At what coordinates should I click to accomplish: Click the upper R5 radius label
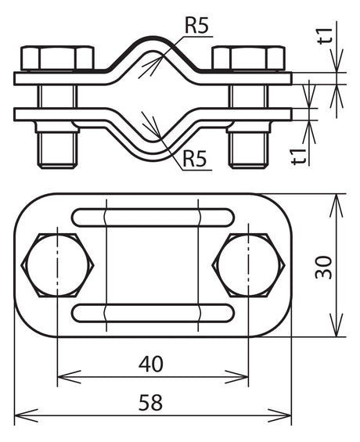[196, 25]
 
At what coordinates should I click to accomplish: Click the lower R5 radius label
[195, 158]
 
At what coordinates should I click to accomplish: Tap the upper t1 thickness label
[325, 36]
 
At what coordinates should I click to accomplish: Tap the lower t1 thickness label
[298, 156]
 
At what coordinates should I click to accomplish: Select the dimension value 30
[324, 267]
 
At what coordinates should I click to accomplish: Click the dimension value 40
[151, 364]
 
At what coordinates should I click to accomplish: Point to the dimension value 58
[150, 402]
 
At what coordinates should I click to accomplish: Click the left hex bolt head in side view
[57, 58]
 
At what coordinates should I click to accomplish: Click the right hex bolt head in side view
[249, 58]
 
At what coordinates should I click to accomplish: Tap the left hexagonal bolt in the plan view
[57, 265]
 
